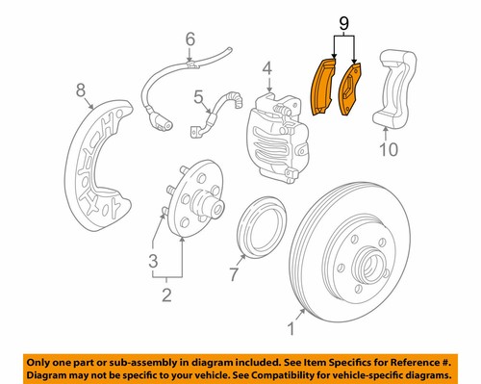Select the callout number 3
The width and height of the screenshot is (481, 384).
[x=152, y=262]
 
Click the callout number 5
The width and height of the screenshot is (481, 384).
[x=198, y=97]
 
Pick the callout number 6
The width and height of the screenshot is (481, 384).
[x=190, y=39]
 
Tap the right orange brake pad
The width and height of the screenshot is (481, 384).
[x=353, y=91]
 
